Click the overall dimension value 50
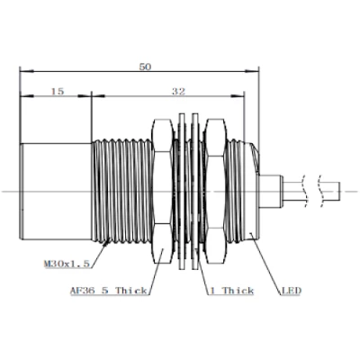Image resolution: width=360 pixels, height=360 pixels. coord(145,67)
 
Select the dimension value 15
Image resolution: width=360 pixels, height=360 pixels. coord(58,91)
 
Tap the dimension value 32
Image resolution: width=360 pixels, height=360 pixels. coord(178,91)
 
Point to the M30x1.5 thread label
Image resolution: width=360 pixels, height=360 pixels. coord(67,264)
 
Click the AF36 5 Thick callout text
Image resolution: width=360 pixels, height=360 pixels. coord(108,291)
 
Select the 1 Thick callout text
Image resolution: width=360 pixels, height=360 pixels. coord(231,291)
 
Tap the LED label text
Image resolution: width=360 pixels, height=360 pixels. coord(292,291)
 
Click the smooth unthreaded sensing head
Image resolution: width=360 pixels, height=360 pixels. coord(56,192)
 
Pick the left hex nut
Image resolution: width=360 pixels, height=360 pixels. coord(163,192)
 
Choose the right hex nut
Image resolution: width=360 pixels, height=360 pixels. coord(215,192)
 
